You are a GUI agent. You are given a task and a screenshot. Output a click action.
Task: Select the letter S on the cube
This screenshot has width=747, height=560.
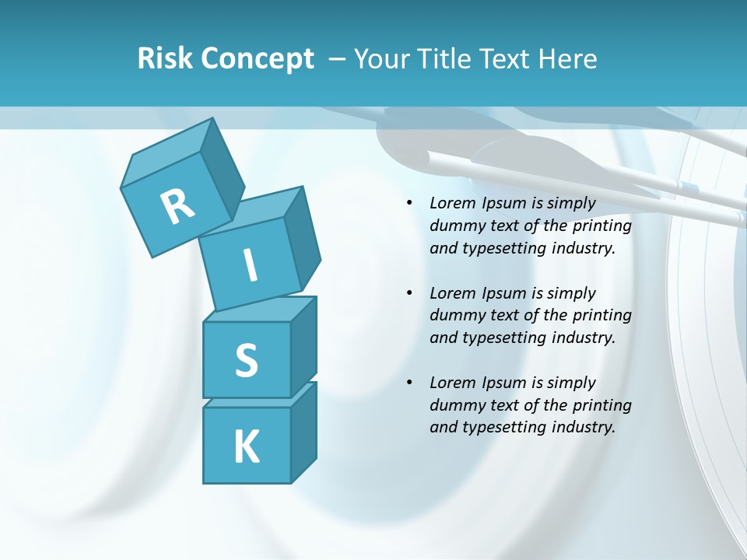pyautogui.click(x=246, y=360)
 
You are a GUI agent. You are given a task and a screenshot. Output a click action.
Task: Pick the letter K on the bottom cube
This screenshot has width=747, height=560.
pyautogui.click(x=246, y=446)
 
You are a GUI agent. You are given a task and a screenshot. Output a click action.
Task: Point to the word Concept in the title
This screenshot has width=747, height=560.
pyautogui.click(x=257, y=59)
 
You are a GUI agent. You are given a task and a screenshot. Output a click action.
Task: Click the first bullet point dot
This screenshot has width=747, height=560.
pyautogui.click(x=409, y=204)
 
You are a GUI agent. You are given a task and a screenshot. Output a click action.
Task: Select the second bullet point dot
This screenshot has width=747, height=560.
pyautogui.click(x=409, y=293)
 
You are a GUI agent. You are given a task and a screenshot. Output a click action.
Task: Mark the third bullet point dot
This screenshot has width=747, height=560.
pyautogui.click(x=409, y=383)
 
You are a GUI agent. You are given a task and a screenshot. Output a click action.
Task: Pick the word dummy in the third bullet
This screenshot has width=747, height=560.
pyautogui.click(x=458, y=404)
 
